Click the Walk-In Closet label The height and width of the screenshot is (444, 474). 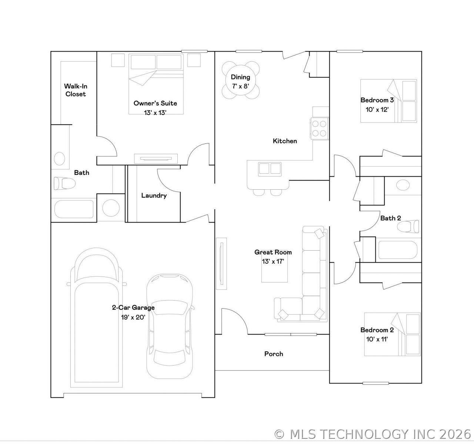tap(76, 90)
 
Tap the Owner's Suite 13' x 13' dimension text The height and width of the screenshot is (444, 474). tap(155, 113)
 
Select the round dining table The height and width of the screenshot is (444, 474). tap(241, 80)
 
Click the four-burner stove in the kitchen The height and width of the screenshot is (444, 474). tap(319, 128)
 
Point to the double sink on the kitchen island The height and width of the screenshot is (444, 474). tap(270, 169)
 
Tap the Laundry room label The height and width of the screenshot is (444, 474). tap(154, 196)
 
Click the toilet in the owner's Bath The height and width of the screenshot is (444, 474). tap(64, 183)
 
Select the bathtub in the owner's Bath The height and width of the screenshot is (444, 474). tap(74, 209)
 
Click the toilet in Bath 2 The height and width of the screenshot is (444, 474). tap(408, 226)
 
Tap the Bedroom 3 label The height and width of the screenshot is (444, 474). tap(377, 100)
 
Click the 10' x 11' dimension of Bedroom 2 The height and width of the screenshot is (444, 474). tap(377, 339)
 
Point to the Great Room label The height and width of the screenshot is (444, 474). tap(273, 252)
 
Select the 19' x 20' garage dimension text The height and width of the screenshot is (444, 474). tap(133, 317)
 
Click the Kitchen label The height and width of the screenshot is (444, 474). tap(285, 141)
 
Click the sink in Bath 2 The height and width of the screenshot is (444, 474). tap(403, 185)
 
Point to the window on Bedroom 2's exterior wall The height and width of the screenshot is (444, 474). tap(375, 383)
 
